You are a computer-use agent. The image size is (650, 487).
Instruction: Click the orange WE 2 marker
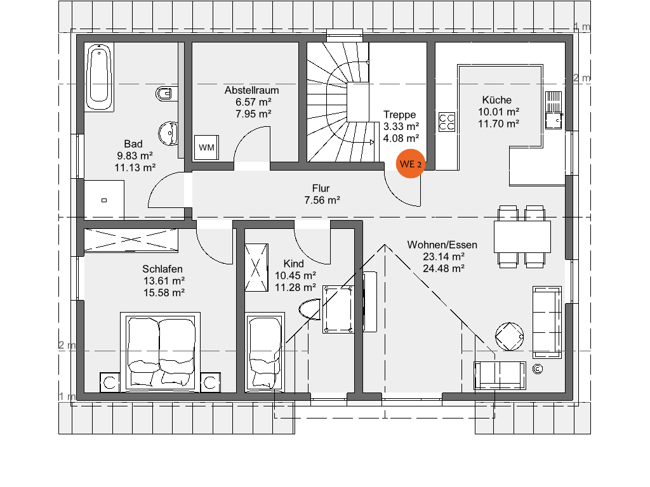click(x=411, y=164)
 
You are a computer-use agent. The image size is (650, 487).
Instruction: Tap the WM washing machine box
click(x=206, y=147)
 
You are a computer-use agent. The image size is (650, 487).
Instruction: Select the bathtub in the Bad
click(x=99, y=77)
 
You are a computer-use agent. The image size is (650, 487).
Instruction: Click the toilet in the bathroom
click(x=166, y=94)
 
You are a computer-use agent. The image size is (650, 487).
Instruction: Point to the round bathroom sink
click(x=168, y=133)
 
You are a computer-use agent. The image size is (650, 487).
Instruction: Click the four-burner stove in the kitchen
click(x=447, y=122)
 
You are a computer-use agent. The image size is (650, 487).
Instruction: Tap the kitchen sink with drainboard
click(x=554, y=110)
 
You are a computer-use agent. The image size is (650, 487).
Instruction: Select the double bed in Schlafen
click(x=161, y=352)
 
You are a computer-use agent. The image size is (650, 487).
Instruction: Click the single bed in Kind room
click(x=265, y=353)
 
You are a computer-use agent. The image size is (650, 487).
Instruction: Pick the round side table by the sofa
click(x=510, y=336)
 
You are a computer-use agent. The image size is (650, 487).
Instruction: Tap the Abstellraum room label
click(x=251, y=90)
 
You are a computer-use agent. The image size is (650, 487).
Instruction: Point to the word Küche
click(x=496, y=100)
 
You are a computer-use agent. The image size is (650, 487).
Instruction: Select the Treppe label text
click(x=400, y=114)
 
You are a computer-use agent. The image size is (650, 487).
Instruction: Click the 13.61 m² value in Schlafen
click(x=164, y=281)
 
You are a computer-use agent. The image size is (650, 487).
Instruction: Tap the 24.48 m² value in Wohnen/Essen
click(x=444, y=268)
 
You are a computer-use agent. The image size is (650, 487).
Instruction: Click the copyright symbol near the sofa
click(x=538, y=369)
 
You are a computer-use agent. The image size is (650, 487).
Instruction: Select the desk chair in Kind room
click(x=310, y=309)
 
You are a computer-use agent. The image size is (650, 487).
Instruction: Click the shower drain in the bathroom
click(x=104, y=200)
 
